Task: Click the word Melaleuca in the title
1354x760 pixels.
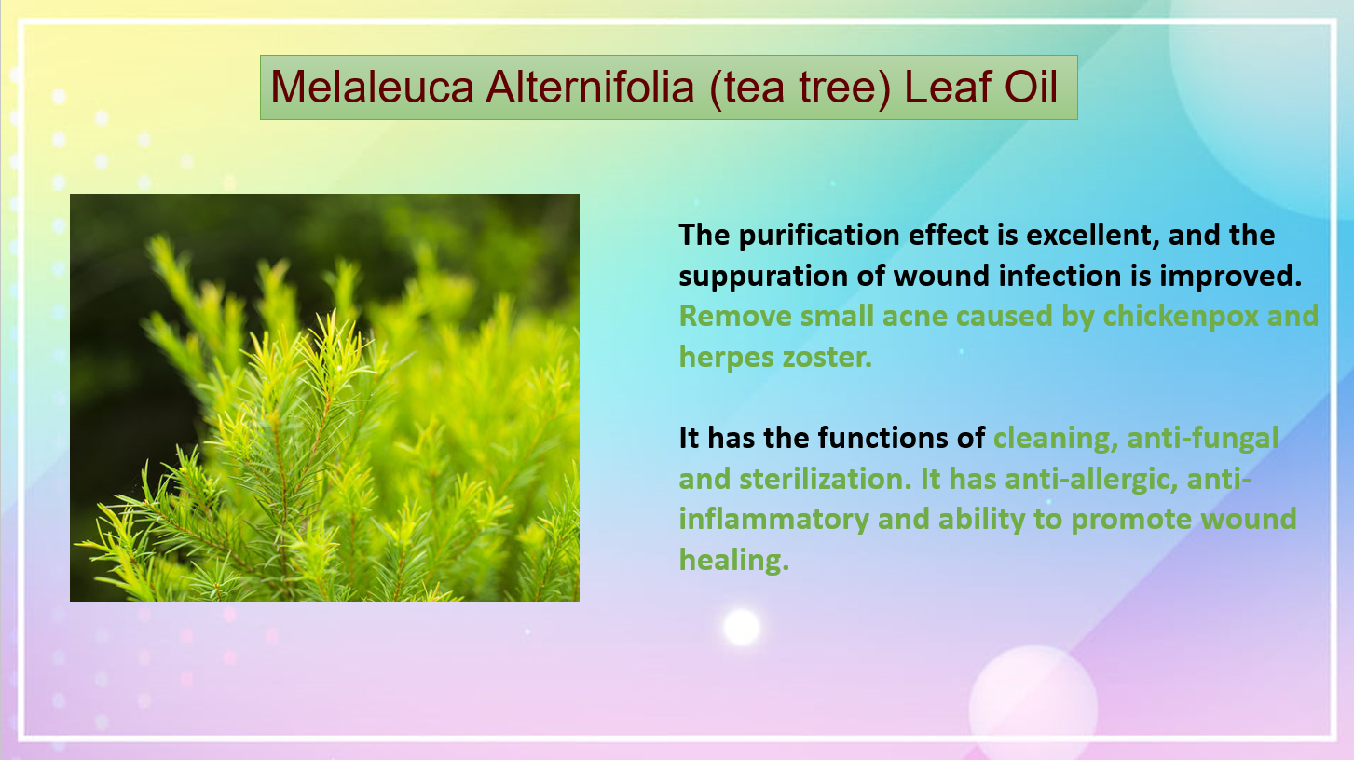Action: pyautogui.click(x=372, y=87)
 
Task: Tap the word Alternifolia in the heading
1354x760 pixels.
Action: pyautogui.click(x=590, y=87)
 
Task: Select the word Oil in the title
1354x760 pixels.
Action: pyautogui.click(x=1031, y=87)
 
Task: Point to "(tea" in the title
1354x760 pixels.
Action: pyautogui.click(x=746, y=88)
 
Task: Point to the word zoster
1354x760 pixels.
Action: pyautogui.click(x=827, y=358)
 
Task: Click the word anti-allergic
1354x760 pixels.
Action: pyautogui.click(x=1091, y=480)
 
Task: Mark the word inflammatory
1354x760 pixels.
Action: pyautogui.click(x=773, y=520)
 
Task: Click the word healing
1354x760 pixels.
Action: pyautogui.click(x=733, y=561)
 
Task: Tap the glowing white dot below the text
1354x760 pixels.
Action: pyautogui.click(x=742, y=627)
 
